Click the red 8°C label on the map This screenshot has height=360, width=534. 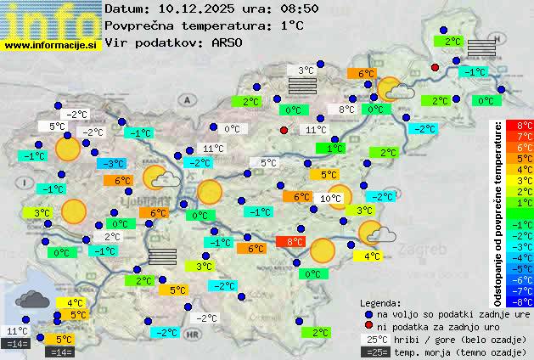[295, 242]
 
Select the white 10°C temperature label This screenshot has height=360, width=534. [330, 199]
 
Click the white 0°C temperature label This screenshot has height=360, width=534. [231, 129]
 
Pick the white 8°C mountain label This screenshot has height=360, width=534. [346, 110]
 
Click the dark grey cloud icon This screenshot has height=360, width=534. [31, 299]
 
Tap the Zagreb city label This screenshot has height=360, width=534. [425, 251]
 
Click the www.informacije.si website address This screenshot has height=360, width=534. [51, 44]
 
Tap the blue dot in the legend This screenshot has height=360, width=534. [368, 314]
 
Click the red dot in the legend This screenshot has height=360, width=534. [368, 326]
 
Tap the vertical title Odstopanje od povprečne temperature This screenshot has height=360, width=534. [499, 212]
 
